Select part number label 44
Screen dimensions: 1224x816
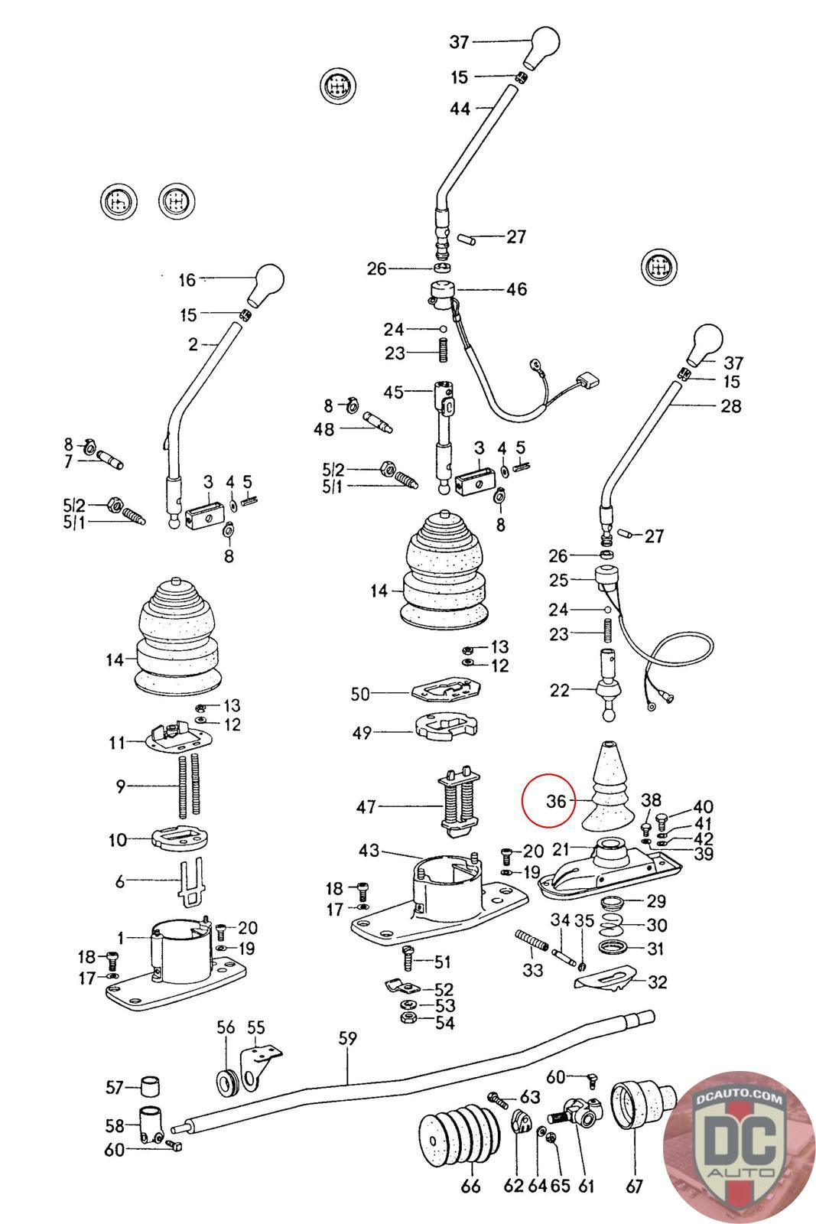[460, 109]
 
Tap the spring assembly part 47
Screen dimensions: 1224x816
[457, 802]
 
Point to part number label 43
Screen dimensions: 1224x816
[369, 851]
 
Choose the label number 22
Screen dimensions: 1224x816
[560, 690]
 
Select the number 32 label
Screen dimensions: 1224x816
[658, 981]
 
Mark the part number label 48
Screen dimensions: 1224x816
[324, 429]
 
